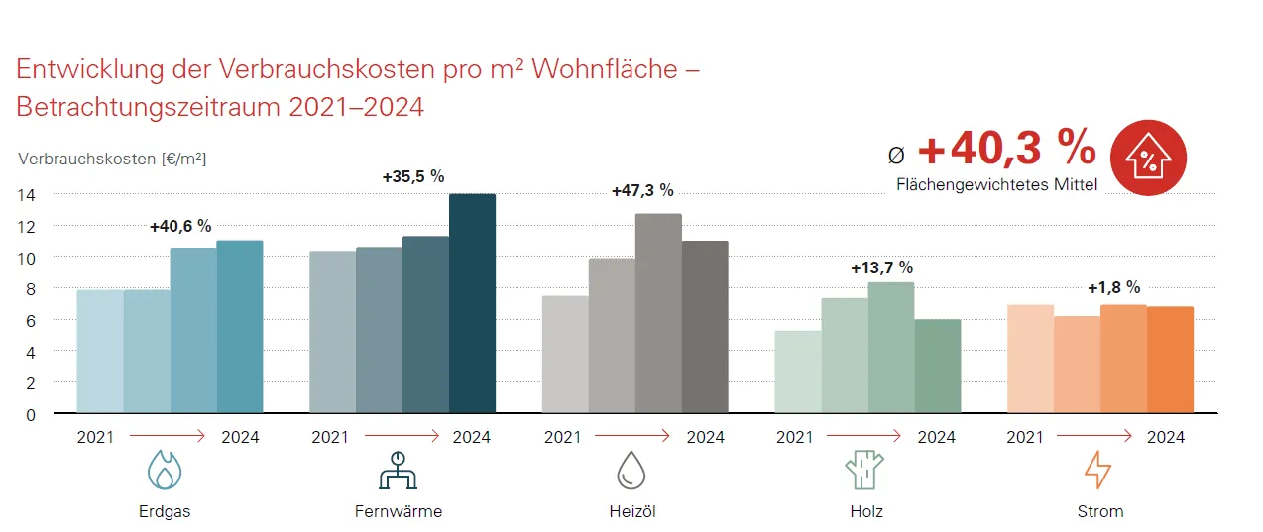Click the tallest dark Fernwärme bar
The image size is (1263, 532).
click(x=472, y=303)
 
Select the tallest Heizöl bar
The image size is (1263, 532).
click(x=658, y=313)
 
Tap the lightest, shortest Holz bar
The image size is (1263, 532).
click(x=797, y=372)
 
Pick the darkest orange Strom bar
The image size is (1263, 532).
click(x=1170, y=360)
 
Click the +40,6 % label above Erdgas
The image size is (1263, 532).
click(x=180, y=226)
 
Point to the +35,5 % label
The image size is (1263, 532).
click(x=413, y=177)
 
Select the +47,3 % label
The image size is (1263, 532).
click(x=642, y=190)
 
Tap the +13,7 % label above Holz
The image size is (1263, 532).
click(x=881, y=267)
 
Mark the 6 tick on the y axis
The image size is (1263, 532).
click(x=31, y=320)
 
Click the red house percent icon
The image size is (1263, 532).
click(x=1149, y=158)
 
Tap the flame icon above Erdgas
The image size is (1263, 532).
click(x=165, y=470)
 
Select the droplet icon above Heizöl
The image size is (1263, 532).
click(x=631, y=470)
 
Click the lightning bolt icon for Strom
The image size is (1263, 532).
click(x=1097, y=470)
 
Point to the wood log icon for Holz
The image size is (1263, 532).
click(x=863, y=470)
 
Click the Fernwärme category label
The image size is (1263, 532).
click(x=399, y=512)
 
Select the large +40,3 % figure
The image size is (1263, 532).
click(x=1006, y=150)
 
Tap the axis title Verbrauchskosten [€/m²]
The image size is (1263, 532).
click(x=112, y=159)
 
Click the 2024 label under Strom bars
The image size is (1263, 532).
click(x=1166, y=437)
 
